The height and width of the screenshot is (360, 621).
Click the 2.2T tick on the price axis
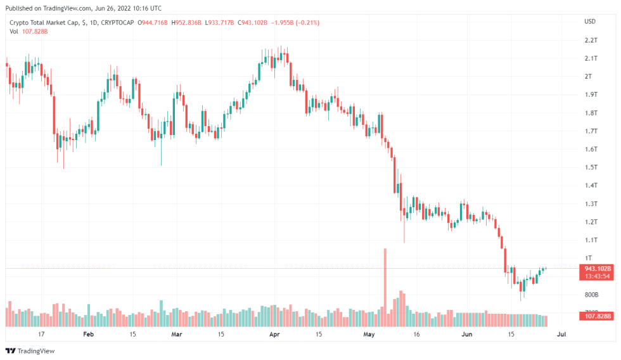[x=591, y=40]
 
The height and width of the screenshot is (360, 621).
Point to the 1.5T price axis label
[x=591, y=167]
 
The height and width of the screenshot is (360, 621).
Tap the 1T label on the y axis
[x=589, y=258]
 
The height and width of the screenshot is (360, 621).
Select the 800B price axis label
[x=591, y=295]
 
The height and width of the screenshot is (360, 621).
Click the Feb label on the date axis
[x=88, y=333]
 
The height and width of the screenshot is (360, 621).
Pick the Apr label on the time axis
[x=274, y=333]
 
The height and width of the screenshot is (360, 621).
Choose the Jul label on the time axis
[x=561, y=333]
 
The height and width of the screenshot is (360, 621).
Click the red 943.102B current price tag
[x=597, y=269]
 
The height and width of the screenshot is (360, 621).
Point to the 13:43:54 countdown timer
[x=597, y=276]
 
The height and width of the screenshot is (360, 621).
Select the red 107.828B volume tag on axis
[x=597, y=316]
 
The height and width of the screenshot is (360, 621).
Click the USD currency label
[x=589, y=22]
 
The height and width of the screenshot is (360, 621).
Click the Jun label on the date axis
[x=466, y=333]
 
